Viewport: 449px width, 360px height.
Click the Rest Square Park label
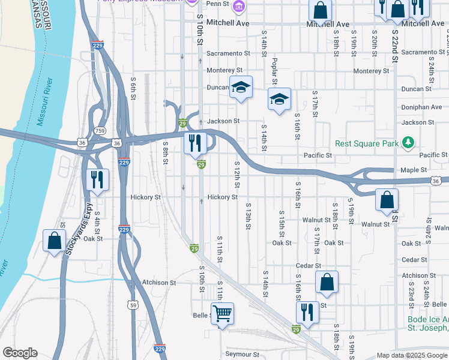[367, 143]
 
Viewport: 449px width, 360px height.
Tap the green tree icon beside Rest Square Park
[409, 142]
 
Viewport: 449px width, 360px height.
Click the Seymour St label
[242, 354]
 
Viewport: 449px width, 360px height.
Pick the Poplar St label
[274, 71]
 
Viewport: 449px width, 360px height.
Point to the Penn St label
[218, 4]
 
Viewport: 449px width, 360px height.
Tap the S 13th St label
[247, 216]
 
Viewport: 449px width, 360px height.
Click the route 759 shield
[100, 130]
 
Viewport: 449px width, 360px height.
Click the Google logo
[20, 353]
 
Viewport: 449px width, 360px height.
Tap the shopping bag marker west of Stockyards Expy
[55, 241]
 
